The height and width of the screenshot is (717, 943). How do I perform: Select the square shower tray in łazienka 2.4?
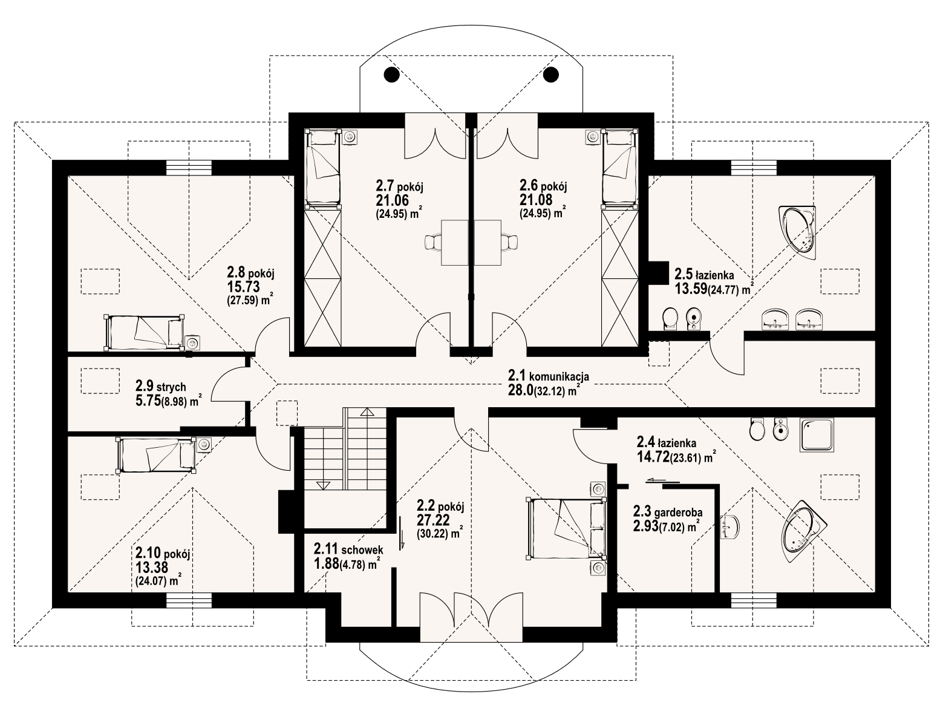[817, 435]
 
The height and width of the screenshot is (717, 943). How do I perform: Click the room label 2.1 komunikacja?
[548, 376]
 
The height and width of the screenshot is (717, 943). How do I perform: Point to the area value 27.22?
[431, 520]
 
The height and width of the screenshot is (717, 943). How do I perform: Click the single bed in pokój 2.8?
[144, 332]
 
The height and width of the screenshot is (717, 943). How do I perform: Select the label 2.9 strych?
[160, 386]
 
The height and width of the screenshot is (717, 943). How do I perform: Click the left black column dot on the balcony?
[391, 74]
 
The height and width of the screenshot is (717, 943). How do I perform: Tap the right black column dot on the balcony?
[551, 74]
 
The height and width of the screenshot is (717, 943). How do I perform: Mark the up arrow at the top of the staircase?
[367, 413]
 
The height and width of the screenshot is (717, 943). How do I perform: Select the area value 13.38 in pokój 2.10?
[152, 567]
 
